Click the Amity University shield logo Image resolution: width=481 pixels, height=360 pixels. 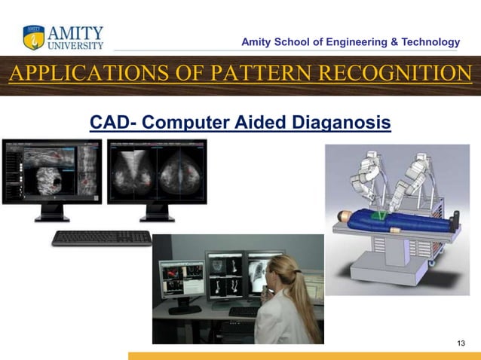pyautogui.click(x=34, y=38)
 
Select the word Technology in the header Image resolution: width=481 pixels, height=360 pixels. pyautogui.click(x=430, y=42)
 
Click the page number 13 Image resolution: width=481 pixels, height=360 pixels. pyautogui.click(x=462, y=343)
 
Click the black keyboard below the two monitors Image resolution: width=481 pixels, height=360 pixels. pyautogui.click(x=102, y=238)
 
